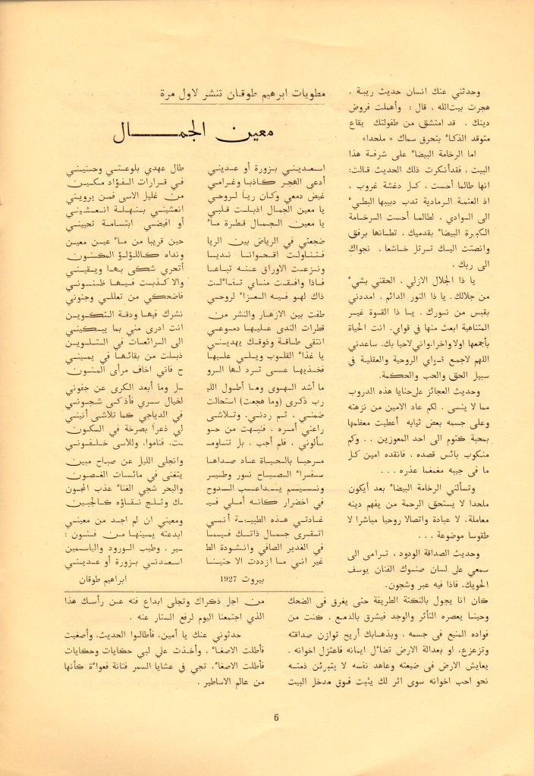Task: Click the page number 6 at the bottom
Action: [277, 719]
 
